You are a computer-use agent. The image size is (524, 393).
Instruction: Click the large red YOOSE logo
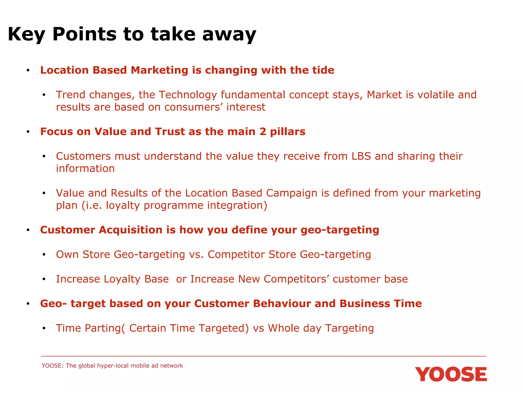pos(451,374)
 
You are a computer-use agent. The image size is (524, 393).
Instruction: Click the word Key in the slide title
pos(26,35)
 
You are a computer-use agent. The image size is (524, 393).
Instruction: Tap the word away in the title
pos(229,35)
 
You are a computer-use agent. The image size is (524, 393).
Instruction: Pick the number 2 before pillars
pos(263,132)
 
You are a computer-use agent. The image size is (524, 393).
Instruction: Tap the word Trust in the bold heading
pos(170,132)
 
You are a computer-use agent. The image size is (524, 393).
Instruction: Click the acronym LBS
pos(361,156)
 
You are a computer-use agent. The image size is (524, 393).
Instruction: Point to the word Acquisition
pos(130,230)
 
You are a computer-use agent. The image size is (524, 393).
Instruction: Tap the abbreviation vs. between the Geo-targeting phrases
pos(196,255)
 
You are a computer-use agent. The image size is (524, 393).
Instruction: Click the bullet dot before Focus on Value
pos(28,132)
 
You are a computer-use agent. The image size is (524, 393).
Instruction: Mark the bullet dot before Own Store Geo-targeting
pos(44,255)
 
